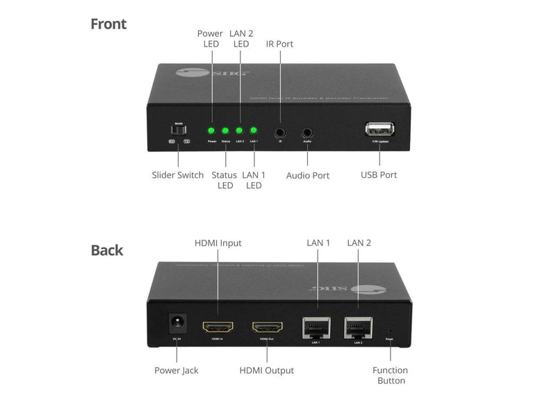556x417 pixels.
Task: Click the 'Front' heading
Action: click(108, 24)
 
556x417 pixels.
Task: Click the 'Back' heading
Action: click(106, 250)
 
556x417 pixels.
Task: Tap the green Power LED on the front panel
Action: click(211, 130)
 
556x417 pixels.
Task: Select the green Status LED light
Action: click(225, 130)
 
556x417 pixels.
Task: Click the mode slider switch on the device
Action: click(179, 130)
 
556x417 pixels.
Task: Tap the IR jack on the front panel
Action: click(280, 131)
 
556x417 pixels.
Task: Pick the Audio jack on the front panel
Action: click(307, 131)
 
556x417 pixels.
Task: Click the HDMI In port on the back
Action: click(218, 327)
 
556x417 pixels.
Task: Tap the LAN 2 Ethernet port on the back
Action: click(359, 326)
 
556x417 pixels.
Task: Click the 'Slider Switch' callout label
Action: click(177, 175)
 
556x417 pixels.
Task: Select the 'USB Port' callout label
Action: click(378, 175)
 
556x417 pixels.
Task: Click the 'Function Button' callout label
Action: click(390, 375)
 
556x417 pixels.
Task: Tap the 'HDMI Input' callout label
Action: click(218, 243)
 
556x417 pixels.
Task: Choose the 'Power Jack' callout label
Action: click(176, 370)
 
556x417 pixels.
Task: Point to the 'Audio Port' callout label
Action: click(308, 176)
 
